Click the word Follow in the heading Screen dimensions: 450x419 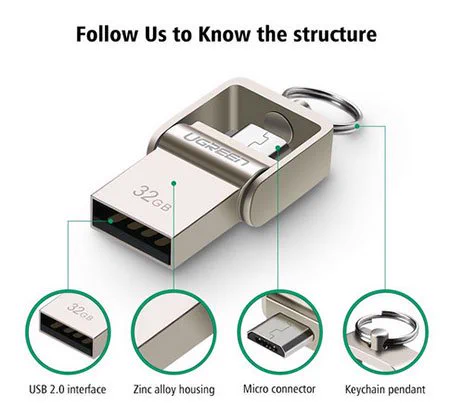tap(107, 34)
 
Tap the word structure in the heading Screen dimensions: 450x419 tap(335, 35)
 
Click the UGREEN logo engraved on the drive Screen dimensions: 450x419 tap(217, 148)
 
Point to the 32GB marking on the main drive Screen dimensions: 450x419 tap(152, 197)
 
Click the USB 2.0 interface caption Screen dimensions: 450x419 tap(68, 389)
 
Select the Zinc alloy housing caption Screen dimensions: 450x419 tap(174, 389)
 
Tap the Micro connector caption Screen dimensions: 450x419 tap(279, 389)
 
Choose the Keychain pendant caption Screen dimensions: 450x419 tap(385, 389)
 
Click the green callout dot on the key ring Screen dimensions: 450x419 tap(357, 126)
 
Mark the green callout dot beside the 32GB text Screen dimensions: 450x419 tap(173, 183)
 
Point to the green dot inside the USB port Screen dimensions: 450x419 tap(111, 221)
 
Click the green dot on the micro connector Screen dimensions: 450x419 tap(278, 147)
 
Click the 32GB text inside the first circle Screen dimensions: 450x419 tap(80, 310)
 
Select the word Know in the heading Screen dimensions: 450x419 tap(224, 34)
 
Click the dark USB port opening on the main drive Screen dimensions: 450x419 tap(132, 231)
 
